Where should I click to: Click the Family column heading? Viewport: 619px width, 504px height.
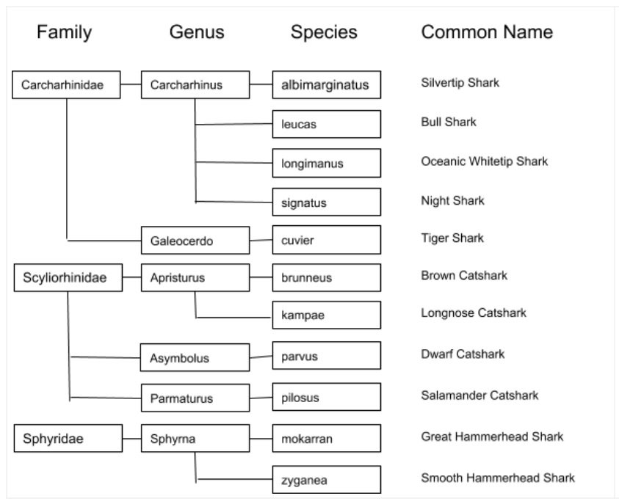(65, 32)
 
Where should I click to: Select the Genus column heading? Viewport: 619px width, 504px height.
(197, 32)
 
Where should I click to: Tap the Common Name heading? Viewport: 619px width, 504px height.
(487, 32)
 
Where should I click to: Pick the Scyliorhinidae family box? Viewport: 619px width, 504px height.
(68, 278)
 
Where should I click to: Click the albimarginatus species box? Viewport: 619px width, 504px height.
(326, 85)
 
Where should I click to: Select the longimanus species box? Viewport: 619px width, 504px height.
(326, 163)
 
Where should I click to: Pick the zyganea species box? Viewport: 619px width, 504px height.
(326, 481)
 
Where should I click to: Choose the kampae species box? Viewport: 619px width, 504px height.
(326, 315)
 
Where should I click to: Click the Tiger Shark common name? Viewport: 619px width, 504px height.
(452, 238)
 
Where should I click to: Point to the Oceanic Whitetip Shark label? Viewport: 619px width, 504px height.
(484, 161)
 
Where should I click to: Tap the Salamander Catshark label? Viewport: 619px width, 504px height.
(479, 395)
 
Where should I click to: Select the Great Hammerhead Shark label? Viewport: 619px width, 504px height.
(492, 437)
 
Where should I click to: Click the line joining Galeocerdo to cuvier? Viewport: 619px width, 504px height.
(261, 240)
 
